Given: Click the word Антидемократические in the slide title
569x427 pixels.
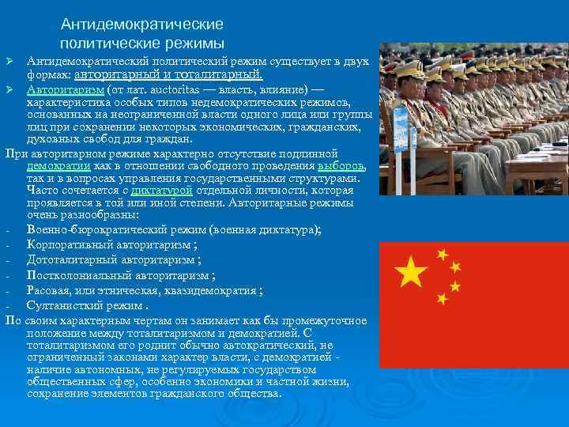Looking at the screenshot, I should [x=141, y=25].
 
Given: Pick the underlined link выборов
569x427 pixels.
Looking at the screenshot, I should [x=341, y=167].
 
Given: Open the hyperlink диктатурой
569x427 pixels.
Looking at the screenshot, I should [x=161, y=191].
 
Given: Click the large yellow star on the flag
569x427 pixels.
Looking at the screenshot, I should [x=411, y=274].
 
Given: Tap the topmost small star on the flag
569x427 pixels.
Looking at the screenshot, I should [x=443, y=255].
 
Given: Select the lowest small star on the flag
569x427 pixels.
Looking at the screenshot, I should [x=443, y=299].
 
